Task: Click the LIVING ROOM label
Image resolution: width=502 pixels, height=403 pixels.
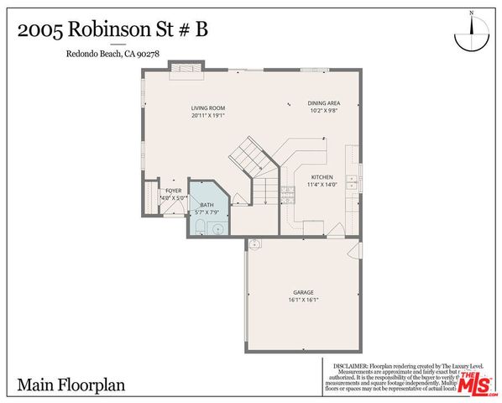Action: [x=208, y=108]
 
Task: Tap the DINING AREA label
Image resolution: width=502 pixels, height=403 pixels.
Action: [x=322, y=102]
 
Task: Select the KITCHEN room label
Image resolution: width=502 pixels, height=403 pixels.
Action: [x=322, y=177]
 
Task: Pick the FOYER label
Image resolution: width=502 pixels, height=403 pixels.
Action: [x=172, y=191]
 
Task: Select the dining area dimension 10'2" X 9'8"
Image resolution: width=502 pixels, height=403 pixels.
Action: [x=322, y=111]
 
